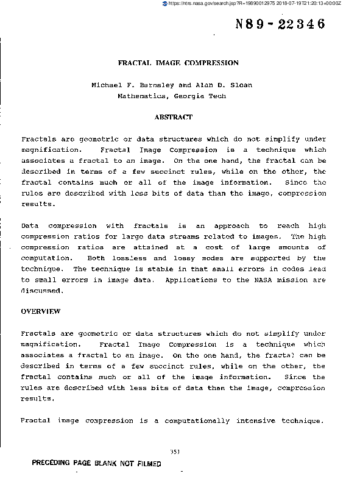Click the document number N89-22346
(x=280, y=24)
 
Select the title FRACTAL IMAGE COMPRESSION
(x=178, y=63)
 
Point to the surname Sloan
(x=240, y=85)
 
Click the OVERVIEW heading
(x=41, y=311)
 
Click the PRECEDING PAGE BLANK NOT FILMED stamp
(x=96, y=464)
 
